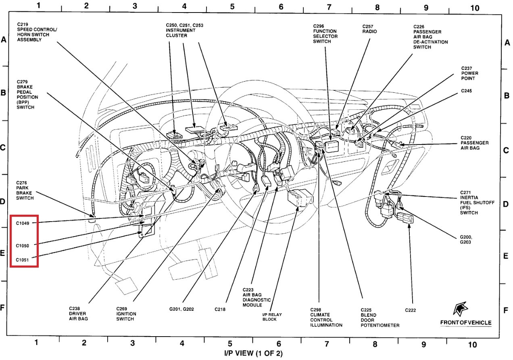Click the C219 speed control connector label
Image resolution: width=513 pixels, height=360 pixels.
(x=37, y=32)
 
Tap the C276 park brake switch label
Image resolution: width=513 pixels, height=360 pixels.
(x=25, y=190)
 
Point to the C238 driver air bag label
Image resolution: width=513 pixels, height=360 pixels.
(x=78, y=313)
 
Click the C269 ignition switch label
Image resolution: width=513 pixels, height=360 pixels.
(x=126, y=314)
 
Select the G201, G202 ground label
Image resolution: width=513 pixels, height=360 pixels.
(x=181, y=309)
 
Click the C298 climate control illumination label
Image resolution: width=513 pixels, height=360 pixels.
(x=326, y=317)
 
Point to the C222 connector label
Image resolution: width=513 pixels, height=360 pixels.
(x=411, y=310)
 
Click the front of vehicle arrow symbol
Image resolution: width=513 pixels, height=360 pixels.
(x=460, y=309)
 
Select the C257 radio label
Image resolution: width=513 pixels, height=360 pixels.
(x=369, y=29)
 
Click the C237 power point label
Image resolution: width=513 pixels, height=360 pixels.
(x=469, y=73)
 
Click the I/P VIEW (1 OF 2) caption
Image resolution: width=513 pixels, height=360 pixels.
(x=253, y=354)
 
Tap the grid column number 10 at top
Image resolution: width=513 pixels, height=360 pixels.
(x=474, y=7)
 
